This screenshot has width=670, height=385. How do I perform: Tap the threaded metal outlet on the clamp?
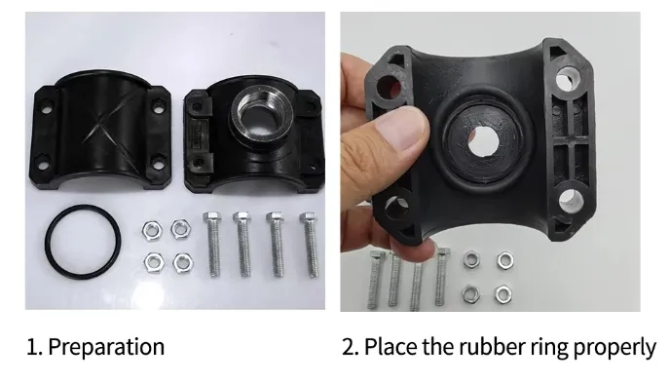click(x=257, y=121)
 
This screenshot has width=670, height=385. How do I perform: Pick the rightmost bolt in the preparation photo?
click(x=311, y=243)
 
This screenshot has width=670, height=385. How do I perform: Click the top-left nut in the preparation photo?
click(x=151, y=230)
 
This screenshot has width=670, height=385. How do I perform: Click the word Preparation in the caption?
click(x=106, y=346)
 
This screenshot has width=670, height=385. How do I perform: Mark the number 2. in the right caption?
click(x=351, y=346)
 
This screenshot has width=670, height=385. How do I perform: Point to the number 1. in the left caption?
click(x=34, y=346)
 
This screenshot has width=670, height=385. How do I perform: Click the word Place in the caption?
click(x=394, y=346)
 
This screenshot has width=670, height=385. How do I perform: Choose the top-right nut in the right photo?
click(x=504, y=260)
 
